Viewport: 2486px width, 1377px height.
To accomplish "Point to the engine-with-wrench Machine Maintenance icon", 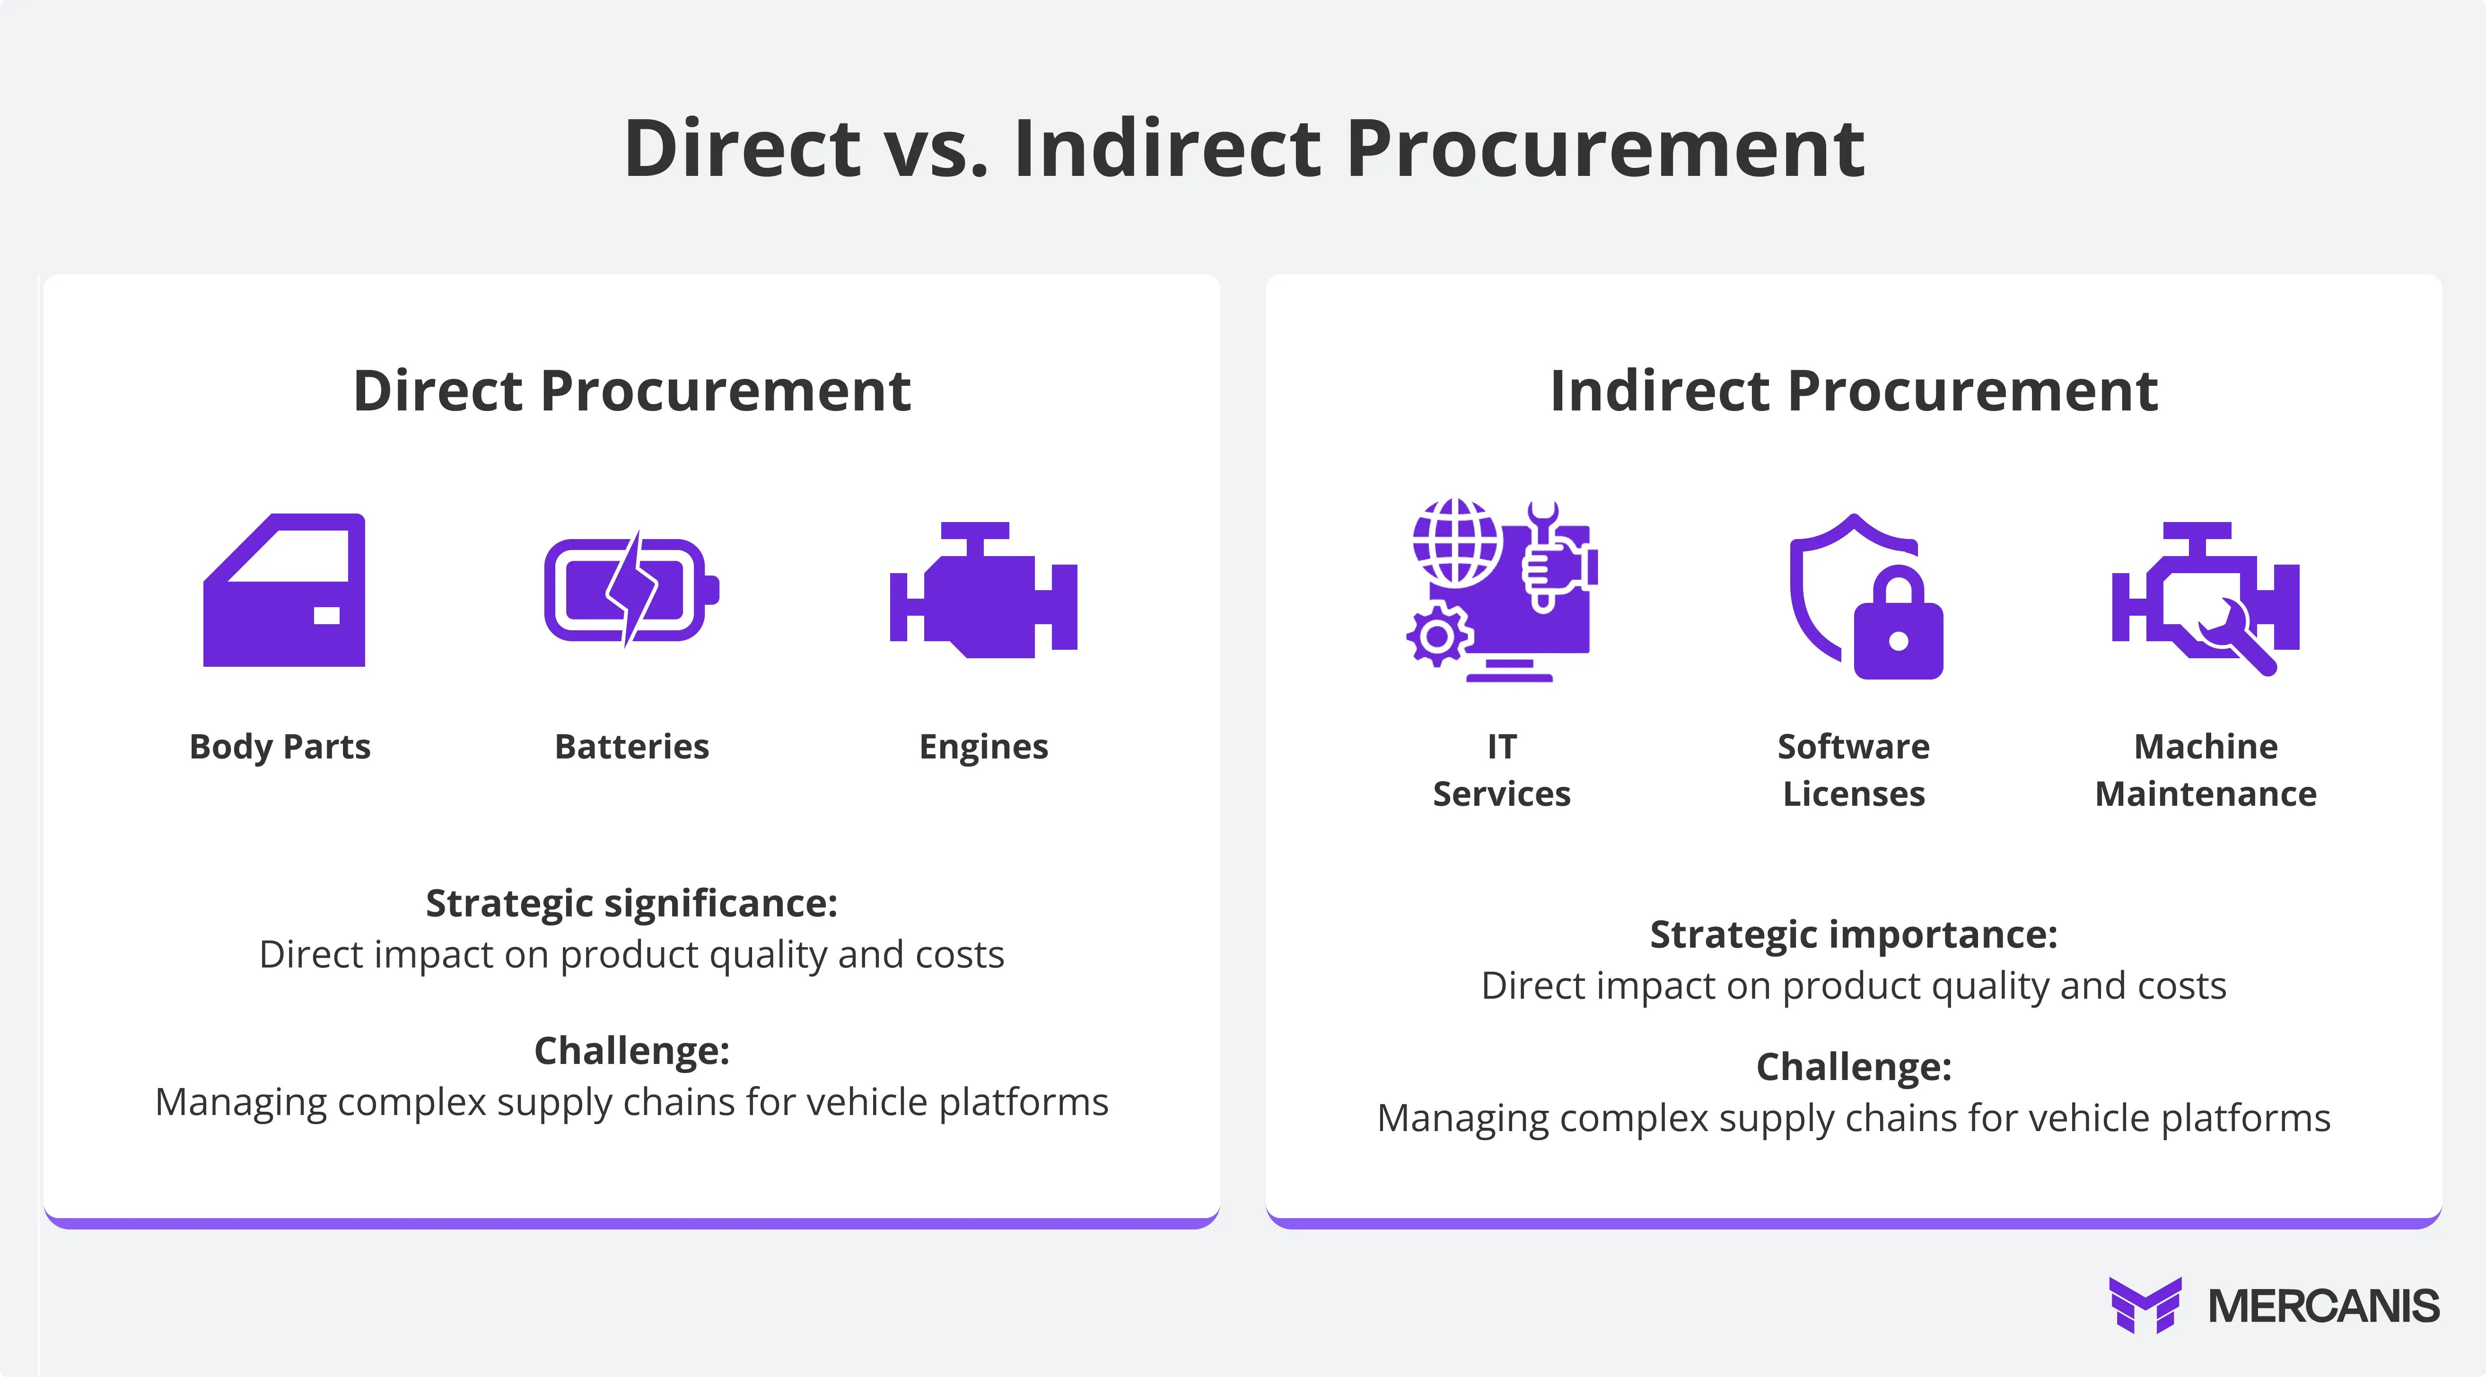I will point(2205,598).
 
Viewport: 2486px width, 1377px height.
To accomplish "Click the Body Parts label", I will point(280,747).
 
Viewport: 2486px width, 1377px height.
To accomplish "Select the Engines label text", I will point(983,747).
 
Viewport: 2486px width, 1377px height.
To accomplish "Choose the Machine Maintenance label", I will point(2205,770).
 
